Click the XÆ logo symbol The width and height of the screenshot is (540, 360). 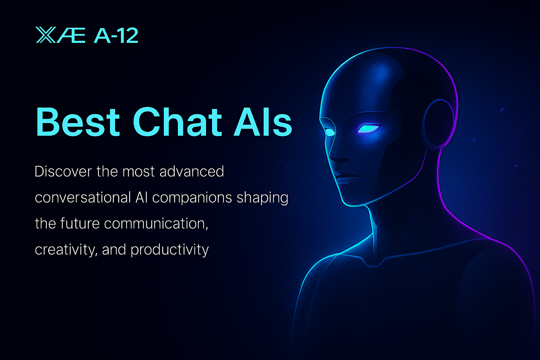tap(60, 35)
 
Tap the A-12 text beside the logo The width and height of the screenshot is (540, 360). tap(116, 36)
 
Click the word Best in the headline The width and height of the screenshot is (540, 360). tap(78, 122)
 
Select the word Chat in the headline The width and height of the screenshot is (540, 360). tap(177, 121)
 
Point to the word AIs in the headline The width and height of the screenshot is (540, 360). tap(263, 122)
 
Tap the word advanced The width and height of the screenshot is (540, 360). tap(192, 172)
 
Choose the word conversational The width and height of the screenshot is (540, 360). tap(83, 198)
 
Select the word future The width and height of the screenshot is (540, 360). tap(80, 224)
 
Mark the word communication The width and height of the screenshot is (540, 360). tap(156, 224)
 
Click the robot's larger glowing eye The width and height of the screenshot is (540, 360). tap(368, 128)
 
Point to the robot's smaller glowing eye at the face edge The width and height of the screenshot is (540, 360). tap(329, 132)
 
